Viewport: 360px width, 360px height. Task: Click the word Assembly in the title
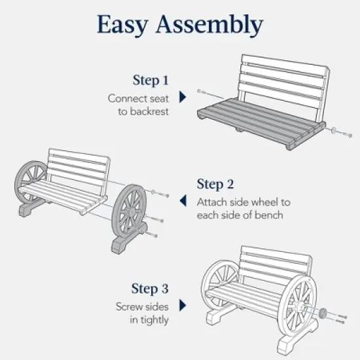click(x=209, y=25)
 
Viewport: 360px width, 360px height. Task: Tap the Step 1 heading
click(x=151, y=81)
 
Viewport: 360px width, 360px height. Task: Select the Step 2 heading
click(x=215, y=184)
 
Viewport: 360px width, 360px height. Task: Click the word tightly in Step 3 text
click(x=155, y=320)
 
